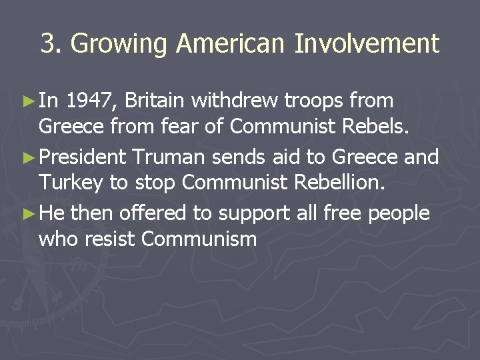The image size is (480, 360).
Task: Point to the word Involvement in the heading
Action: coord(367,45)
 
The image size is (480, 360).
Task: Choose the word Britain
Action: coord(155,101)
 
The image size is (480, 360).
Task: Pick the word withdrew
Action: coord(236,101)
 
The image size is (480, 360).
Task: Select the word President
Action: coord(83,157)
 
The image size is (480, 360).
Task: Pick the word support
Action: coord(251,213)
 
